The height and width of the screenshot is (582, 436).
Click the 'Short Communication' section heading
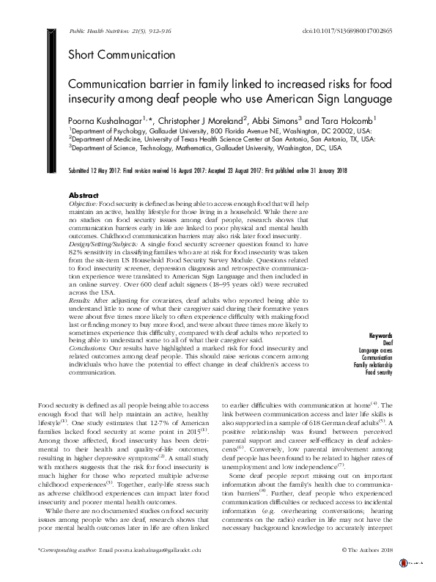coord(121,54)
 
